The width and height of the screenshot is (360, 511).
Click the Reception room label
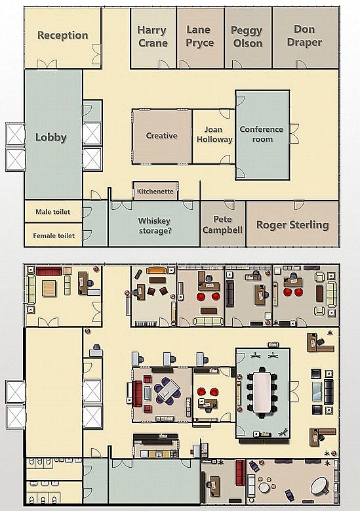pos(62,35)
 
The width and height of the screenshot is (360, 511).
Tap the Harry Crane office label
pos(153,37)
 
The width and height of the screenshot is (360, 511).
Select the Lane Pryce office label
pos(199,37)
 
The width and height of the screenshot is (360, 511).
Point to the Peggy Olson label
pos(247,37)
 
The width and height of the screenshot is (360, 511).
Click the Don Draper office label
pos(304,37)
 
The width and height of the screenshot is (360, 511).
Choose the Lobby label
pos(51,137)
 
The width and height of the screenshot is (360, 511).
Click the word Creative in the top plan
pos(161,136)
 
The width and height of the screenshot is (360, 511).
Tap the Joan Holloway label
pos(214,134)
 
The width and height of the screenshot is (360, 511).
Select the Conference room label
pos(261,134)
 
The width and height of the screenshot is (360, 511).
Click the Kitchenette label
pos(155,192)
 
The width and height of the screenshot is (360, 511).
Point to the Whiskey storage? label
pos(155,226)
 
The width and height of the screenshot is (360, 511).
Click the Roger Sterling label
pos(292,225)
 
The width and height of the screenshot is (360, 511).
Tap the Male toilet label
pos(52,212)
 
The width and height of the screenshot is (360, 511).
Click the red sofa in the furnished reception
pos(48,270)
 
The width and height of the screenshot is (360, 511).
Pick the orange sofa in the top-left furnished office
pos(156,270)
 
